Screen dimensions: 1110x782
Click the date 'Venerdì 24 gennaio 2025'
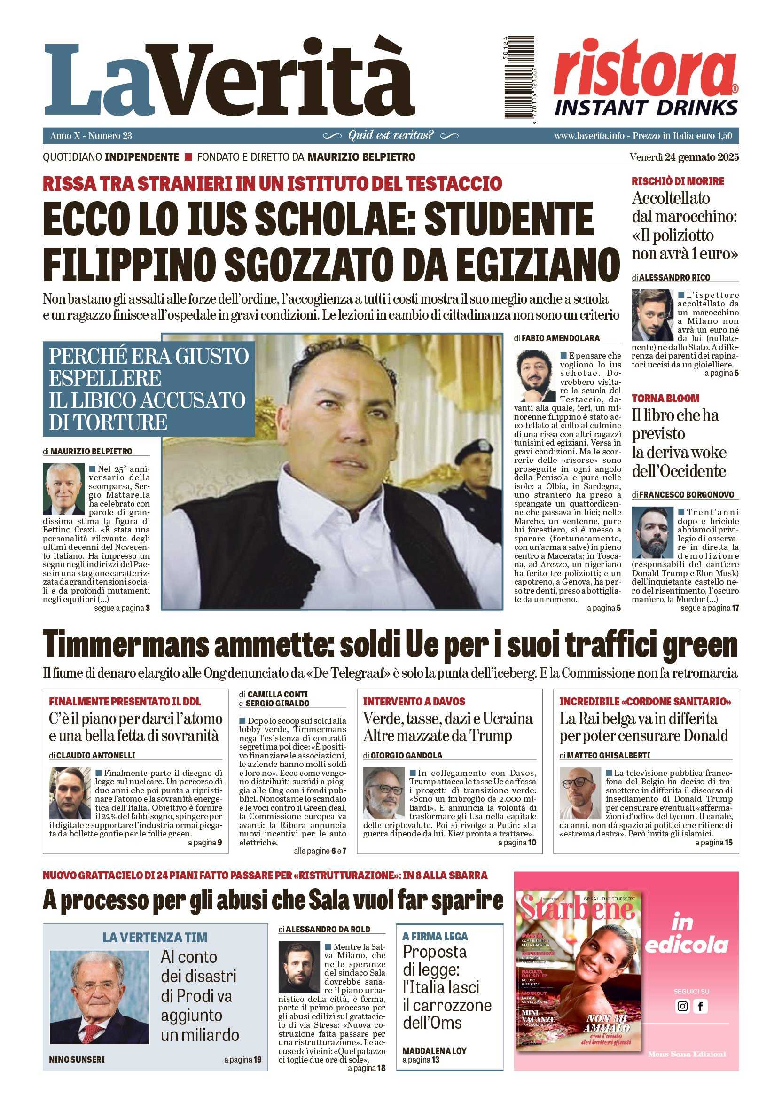[x=684, y=157]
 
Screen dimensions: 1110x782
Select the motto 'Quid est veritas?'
[x=390, y=135]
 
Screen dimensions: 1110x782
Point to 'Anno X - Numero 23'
[x=91, y=136]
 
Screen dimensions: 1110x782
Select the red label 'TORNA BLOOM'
[x=665, y=399]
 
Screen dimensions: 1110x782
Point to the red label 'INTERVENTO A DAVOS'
[x=414, y=702]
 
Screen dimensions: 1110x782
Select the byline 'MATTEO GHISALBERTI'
[x=608, y=755]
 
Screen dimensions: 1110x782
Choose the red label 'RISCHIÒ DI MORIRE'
[x=678, y=181]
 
